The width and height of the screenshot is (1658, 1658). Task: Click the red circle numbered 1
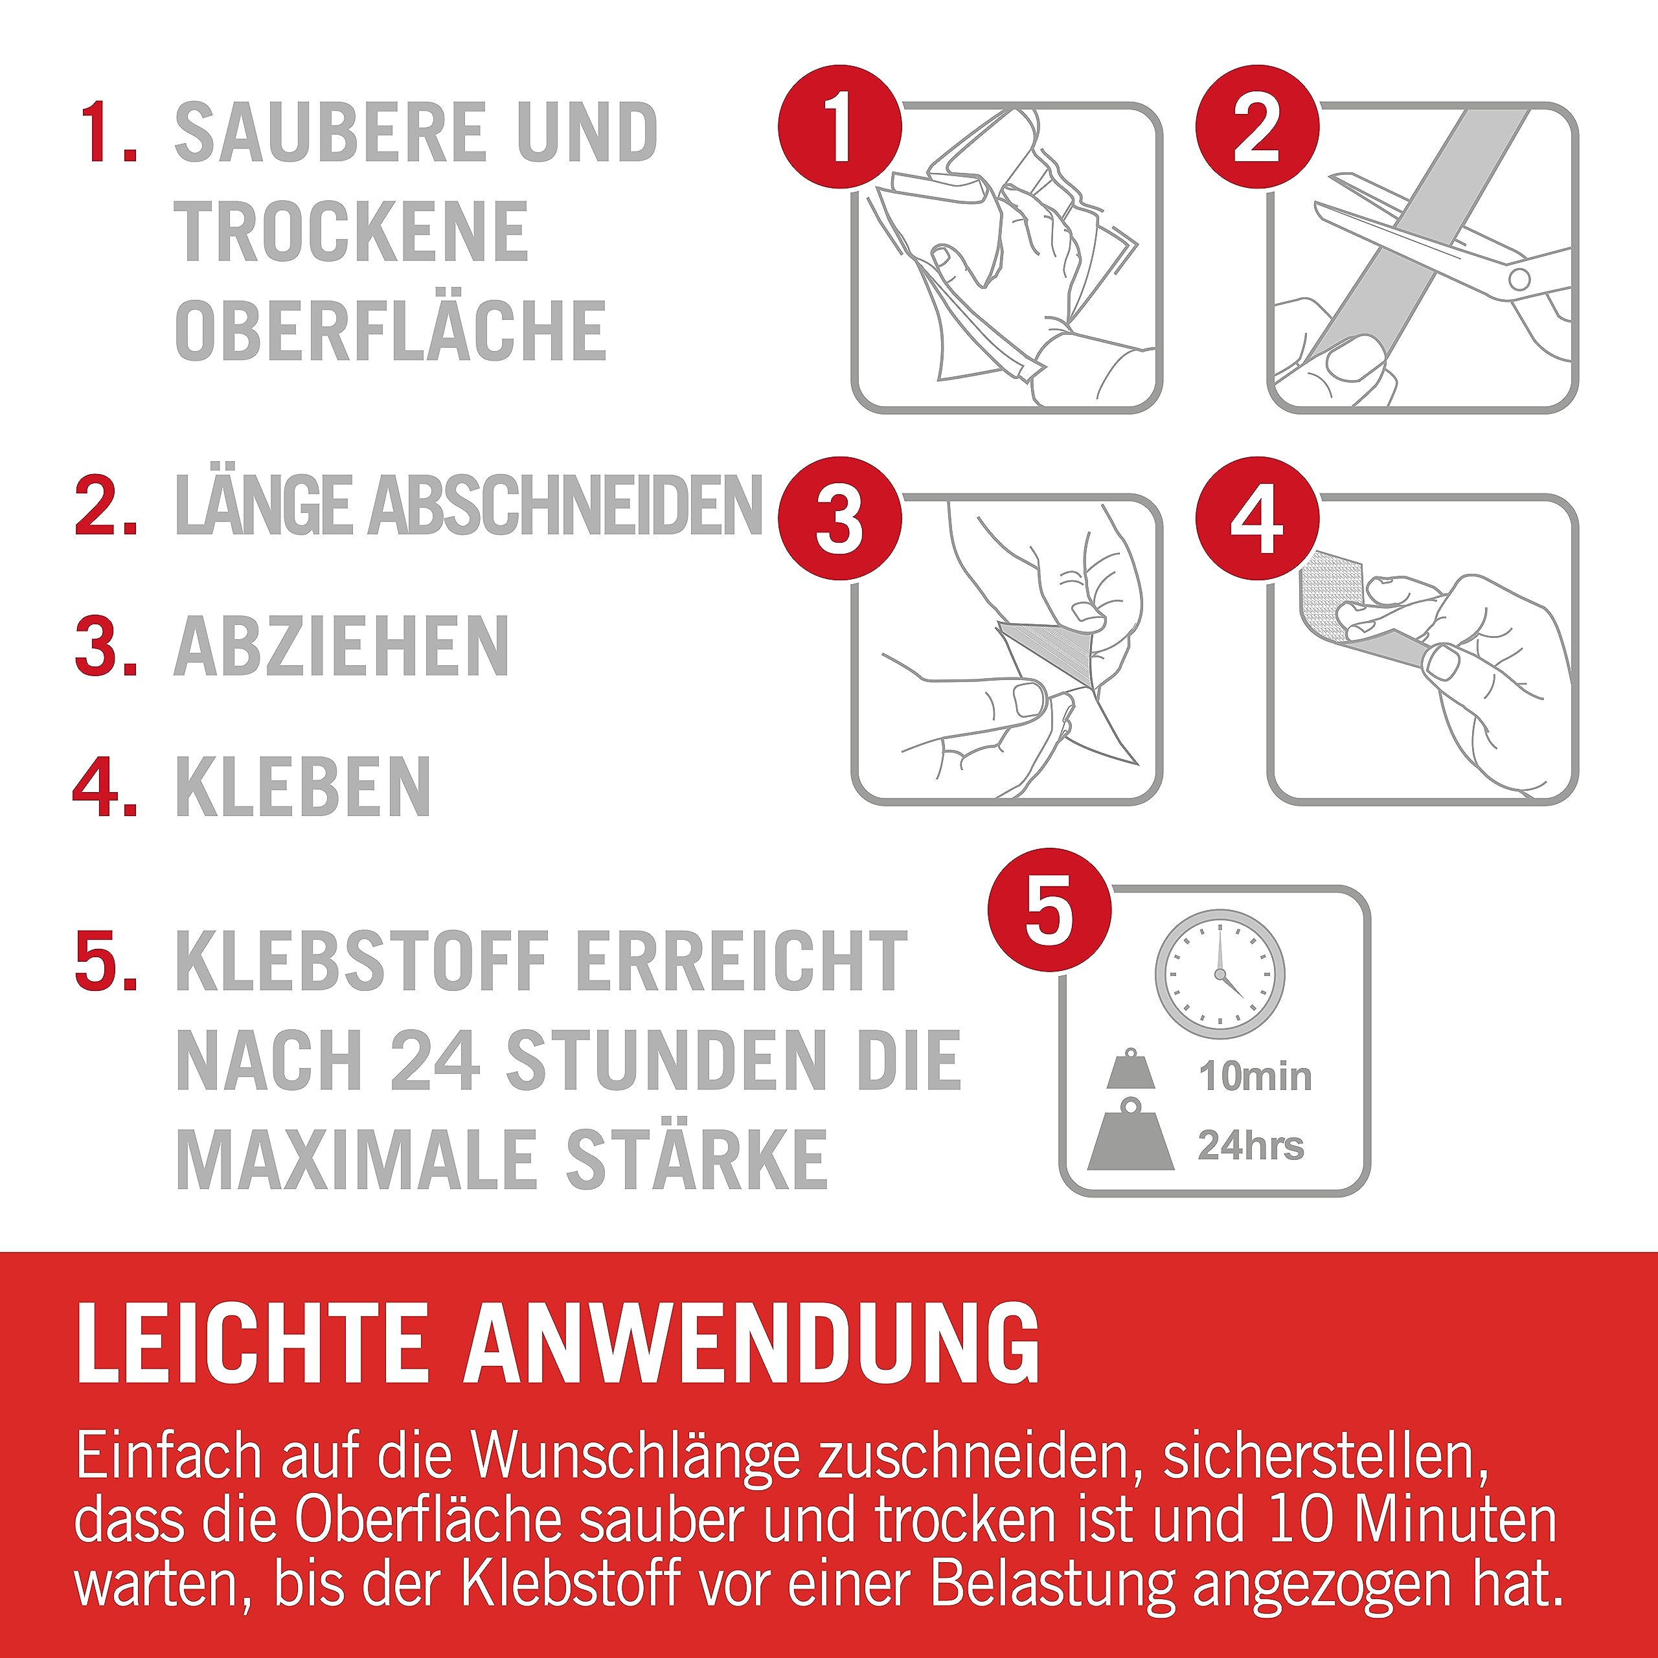coord(840,127)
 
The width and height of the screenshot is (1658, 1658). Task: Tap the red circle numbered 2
coord(1257,127)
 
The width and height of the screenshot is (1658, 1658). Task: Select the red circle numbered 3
coord(840,518)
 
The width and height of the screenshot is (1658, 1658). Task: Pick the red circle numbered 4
coord(1257,518)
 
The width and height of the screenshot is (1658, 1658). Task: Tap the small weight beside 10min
coord(1130,1069)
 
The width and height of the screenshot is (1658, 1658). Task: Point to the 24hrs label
coord(1251,1145)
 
